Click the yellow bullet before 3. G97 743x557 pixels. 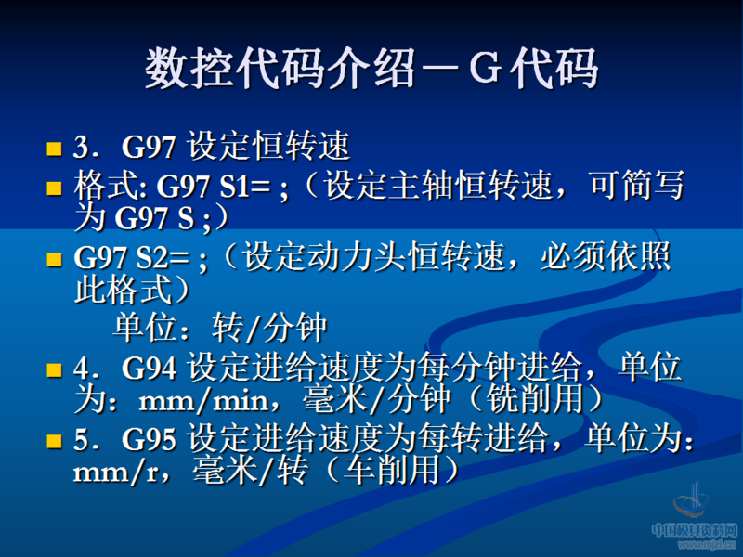pos(54,148)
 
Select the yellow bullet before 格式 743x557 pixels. pos(54,188)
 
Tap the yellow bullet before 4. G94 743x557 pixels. pos(54,369)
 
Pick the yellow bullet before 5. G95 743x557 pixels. pos(54,439)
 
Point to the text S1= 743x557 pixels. pos(245,188)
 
